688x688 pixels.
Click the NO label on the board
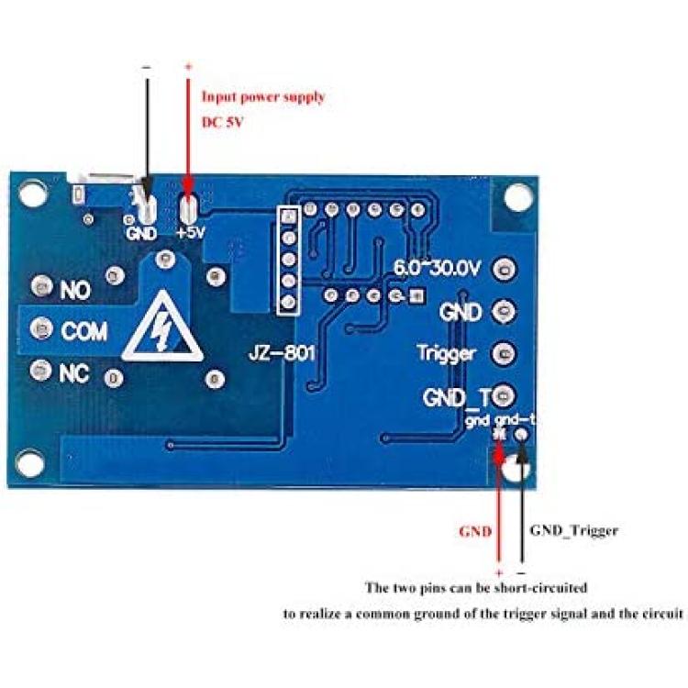tap(75, 290)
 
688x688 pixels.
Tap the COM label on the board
tap(83, 331)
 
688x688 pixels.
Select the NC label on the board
tap(74, 373)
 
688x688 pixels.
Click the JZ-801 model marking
tap(282, 352)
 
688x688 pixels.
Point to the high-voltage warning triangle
tap(162, 327)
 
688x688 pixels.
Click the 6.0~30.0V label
tap(438, 268)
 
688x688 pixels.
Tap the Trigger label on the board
tap(446, 354)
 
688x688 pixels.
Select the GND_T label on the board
tap(456, 397)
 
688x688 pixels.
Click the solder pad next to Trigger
tap(505, 354)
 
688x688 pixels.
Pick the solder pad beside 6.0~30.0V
tap(505, 269)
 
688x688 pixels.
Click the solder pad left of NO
tap(42, 286)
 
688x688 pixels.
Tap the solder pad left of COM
tap(41, 328)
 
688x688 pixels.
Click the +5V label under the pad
tap(191, 233)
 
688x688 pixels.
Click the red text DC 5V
tap(222, 122)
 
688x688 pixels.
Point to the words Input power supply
tap(263, 97)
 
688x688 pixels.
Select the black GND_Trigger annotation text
tap(574, 531)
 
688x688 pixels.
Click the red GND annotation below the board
tap(475, 532)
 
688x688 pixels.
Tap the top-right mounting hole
tap(518, 196)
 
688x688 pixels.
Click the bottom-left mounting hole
tap(29, 463)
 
